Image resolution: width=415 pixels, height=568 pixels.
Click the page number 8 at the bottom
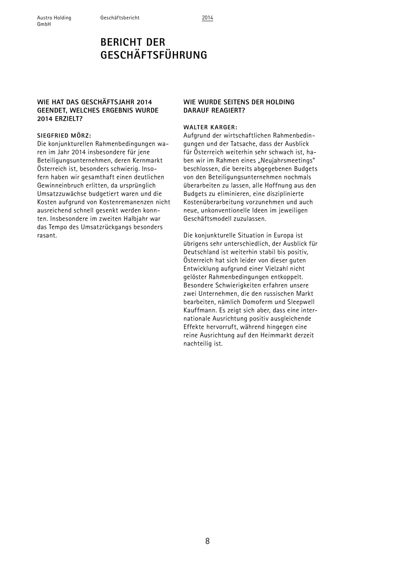point(207,541)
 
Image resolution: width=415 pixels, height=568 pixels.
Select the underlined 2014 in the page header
point(207,18)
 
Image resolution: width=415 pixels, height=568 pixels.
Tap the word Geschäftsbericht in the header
point(120,18)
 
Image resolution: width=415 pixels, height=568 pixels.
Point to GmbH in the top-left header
point(44,24)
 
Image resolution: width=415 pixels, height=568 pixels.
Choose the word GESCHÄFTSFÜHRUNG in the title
point(154,55)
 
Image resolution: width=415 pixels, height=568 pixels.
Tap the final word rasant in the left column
point(47,235)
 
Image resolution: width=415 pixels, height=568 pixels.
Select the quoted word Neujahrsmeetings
point(287,160)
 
